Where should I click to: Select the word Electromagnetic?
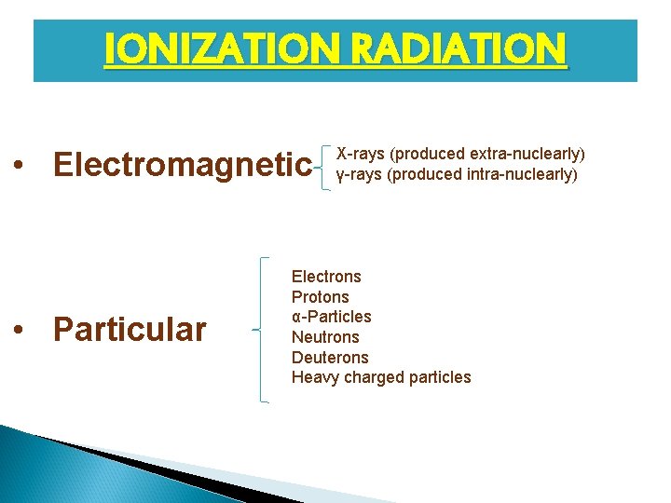coord(183,166)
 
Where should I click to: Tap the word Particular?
coord(130,330)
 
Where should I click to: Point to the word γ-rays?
coord(359,174)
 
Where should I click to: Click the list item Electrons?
coord(326,277)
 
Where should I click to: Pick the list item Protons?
coord(320,297)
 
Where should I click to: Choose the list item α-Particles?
coord(331,317)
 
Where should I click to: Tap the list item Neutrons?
coord(324,337)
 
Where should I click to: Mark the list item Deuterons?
coord(330,358)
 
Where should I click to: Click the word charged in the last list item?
coord(371,377)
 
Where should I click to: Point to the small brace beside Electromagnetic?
coord(323,167)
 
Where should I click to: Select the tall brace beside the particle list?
coord(262,330)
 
